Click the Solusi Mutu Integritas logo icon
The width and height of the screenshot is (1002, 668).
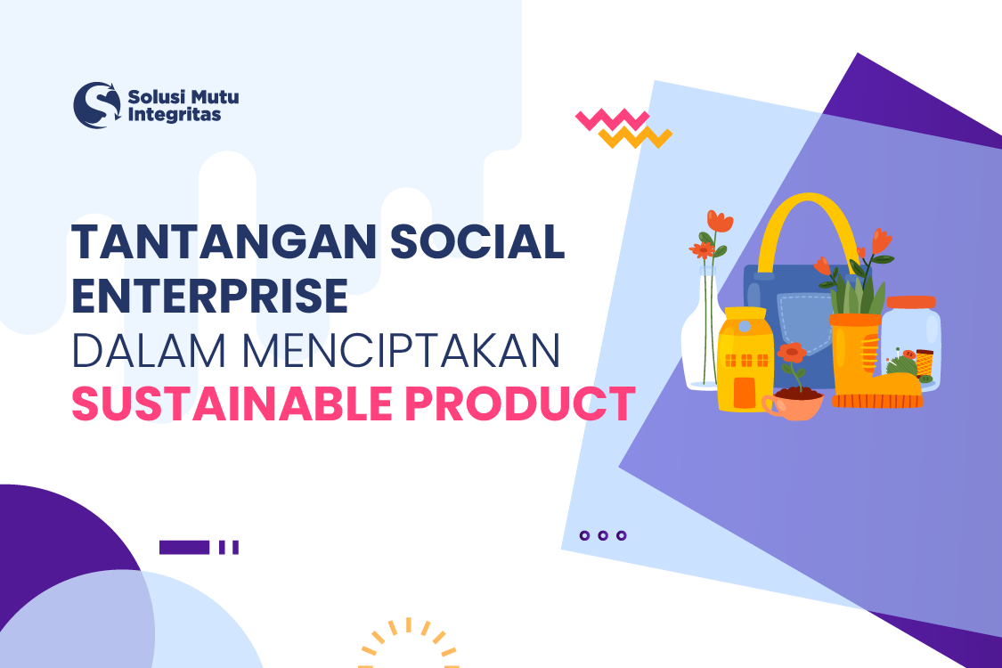click(96, 105)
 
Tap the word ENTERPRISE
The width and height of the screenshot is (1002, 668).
click(209, 296)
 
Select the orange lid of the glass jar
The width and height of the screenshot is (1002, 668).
click(911, 303)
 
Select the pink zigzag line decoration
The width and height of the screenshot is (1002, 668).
click(611, 119)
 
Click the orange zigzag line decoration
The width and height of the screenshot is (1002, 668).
click(634, 137)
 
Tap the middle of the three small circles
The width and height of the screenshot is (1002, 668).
click(603, 536)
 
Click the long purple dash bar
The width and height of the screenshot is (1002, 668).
click(184, 547)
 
